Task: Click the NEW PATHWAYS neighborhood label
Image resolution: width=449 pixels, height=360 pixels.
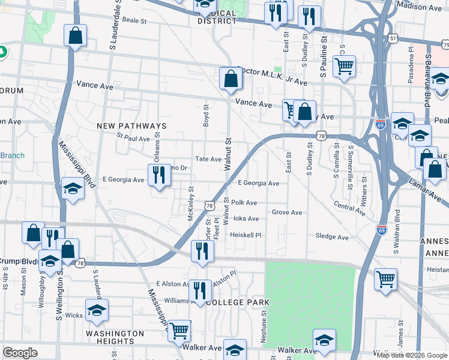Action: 131,126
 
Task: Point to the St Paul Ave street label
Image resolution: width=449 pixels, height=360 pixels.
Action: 133,139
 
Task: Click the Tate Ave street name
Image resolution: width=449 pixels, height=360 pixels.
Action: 209,159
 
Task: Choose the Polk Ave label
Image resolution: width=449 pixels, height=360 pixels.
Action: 244,203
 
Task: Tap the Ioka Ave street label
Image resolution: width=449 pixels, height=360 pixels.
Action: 246,219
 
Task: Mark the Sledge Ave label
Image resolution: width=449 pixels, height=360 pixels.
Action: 332,237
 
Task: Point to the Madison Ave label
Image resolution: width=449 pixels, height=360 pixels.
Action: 420,7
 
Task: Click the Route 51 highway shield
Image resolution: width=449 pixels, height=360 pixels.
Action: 393,38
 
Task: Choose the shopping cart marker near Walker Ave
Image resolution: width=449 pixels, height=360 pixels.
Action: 179,329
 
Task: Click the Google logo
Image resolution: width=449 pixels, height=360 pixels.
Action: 20,353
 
